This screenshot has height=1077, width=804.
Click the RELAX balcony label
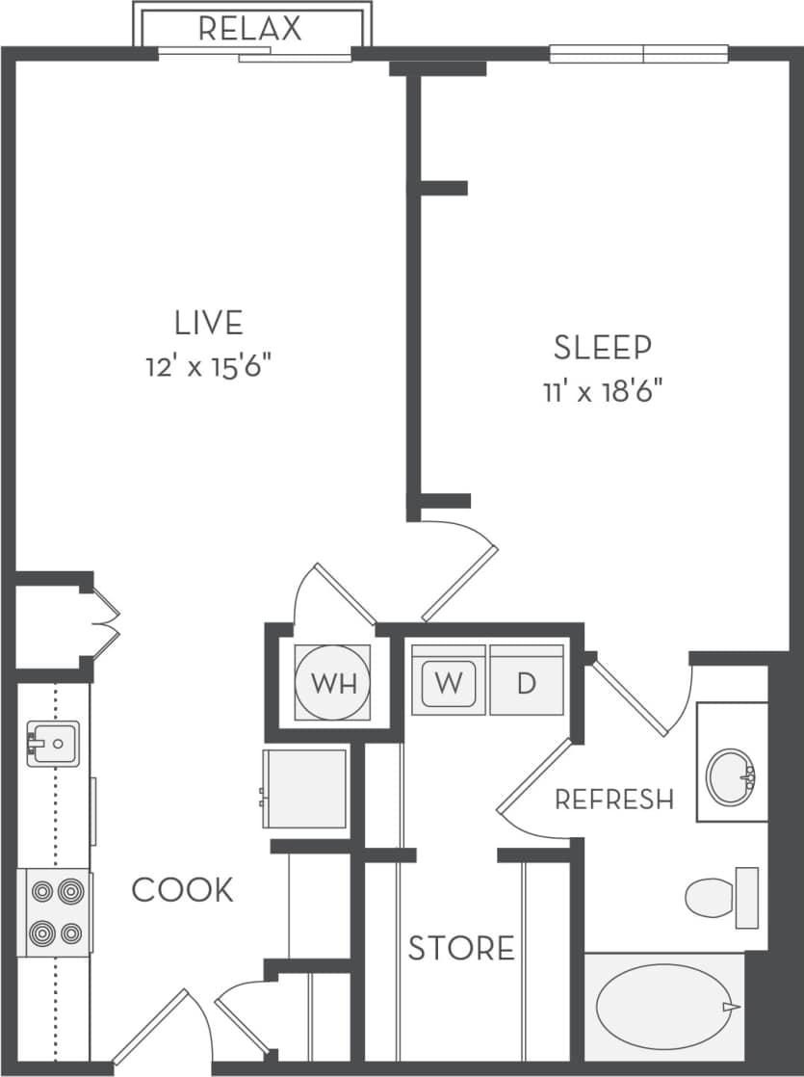click(250, 28)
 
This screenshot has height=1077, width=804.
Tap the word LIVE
click(208, 321)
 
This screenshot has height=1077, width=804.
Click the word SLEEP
click(603, 347)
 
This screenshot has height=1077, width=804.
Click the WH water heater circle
click(332, 684)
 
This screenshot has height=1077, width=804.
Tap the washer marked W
click(448, 682)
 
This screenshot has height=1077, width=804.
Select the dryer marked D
click(526, 682)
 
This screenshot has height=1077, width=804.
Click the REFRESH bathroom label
click(613, 799)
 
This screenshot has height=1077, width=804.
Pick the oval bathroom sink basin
click(731, 776)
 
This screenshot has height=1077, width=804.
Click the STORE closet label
click(461, 948)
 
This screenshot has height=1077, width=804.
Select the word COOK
click(183, 889)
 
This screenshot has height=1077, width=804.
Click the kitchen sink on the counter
click(52, 743)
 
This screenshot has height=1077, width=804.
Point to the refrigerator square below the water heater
click(305, 787)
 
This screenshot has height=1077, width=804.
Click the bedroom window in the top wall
click(638, 54)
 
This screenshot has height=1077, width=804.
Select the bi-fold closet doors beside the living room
click(105, 623)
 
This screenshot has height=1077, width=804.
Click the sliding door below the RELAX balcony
click(255, 55)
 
